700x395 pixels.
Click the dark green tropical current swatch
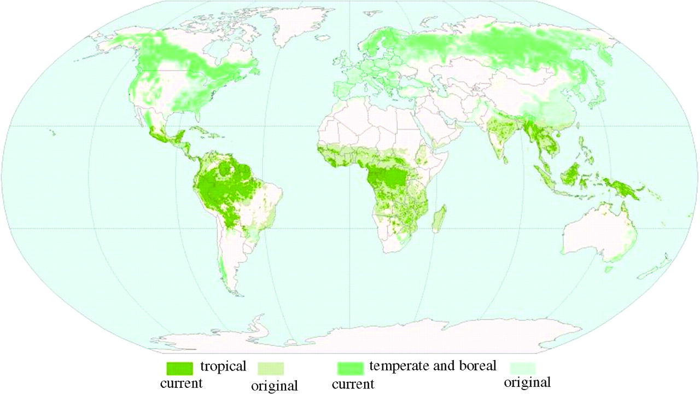pyautogui.click(x=180, y=366)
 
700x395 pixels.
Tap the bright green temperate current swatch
pyautogui.click(x=350, y=366)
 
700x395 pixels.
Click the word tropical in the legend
pyautogui.click(x=223, y=366)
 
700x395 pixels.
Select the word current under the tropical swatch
pyautogui.click(x=181, y=383)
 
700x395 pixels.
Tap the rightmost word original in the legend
pyautogui.click(x=527, y=382)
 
